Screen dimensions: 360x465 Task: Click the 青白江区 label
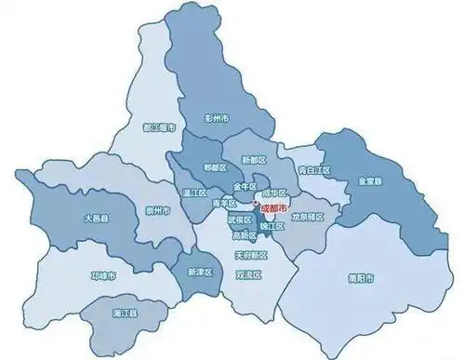313,171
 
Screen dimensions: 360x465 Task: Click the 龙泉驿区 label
307,217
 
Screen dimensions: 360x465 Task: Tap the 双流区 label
249,276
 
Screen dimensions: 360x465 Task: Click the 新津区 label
200,272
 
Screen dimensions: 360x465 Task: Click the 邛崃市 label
103,277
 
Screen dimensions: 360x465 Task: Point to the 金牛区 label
245,186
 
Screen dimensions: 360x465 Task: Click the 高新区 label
244,236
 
